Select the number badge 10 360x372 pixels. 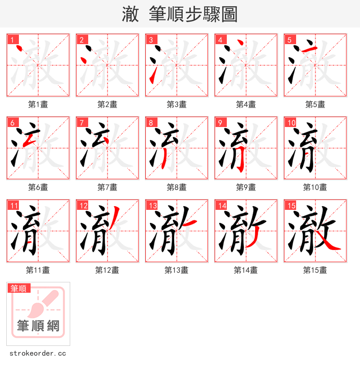[291, 122]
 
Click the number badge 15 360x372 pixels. [291, 205]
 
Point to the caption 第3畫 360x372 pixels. [176, 104]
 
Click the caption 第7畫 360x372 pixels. [107, 187]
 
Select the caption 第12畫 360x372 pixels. [107, 270]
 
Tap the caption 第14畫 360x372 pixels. [246, 270]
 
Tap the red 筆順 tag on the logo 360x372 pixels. [18, 288]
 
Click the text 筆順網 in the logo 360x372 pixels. [38, 326]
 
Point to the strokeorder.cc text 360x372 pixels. [38, 354]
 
